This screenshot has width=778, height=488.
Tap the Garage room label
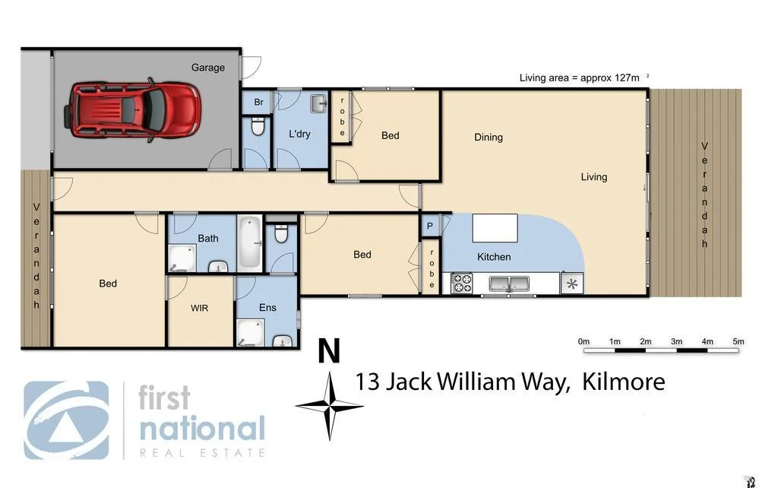pyautogui.click(x=207, y=68)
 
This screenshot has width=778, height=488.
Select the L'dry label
pyautogui.click(x=299, y=134)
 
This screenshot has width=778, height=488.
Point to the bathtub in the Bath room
pyautogui.click(x=250, y=243)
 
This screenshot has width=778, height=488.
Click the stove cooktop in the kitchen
pyautogui.click(x=462, y=284)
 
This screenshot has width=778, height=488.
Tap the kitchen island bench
pyautogui.click(x=495, y=228)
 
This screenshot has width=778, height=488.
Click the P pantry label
pyautogui.click(x=430, y=227)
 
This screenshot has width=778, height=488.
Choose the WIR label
pyautogui.click(x=199, y=308)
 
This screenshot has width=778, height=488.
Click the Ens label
pyautogui.click(x=267, y=308)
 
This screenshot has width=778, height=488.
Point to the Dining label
pyautogui.click(x=489, y=138)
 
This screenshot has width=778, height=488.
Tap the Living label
pyautogui.click(x=594, y=177)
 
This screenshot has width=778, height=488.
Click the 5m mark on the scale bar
pyautogui.click(x=738, y=342)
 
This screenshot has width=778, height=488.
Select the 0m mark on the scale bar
pyautogui.click(x=583, y=342)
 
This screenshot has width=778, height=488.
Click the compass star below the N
pyautogui.click(x=330, y=406)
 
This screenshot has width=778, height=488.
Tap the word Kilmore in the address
pyautogui.click(x=623, y=382)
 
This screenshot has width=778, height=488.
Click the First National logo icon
pyautogui.click(x=66, y=420)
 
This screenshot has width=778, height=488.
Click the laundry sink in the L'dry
pyautogui.click(x=318, y=103)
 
